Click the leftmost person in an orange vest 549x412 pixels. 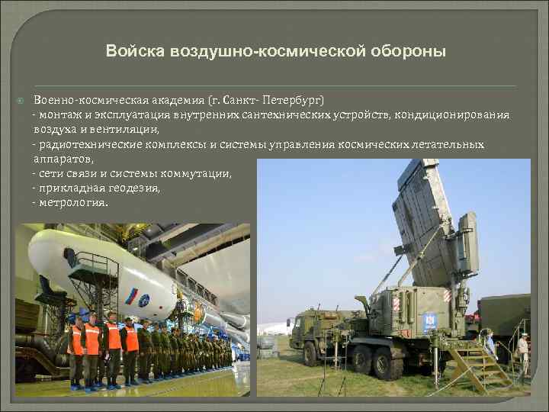coord(76,347)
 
